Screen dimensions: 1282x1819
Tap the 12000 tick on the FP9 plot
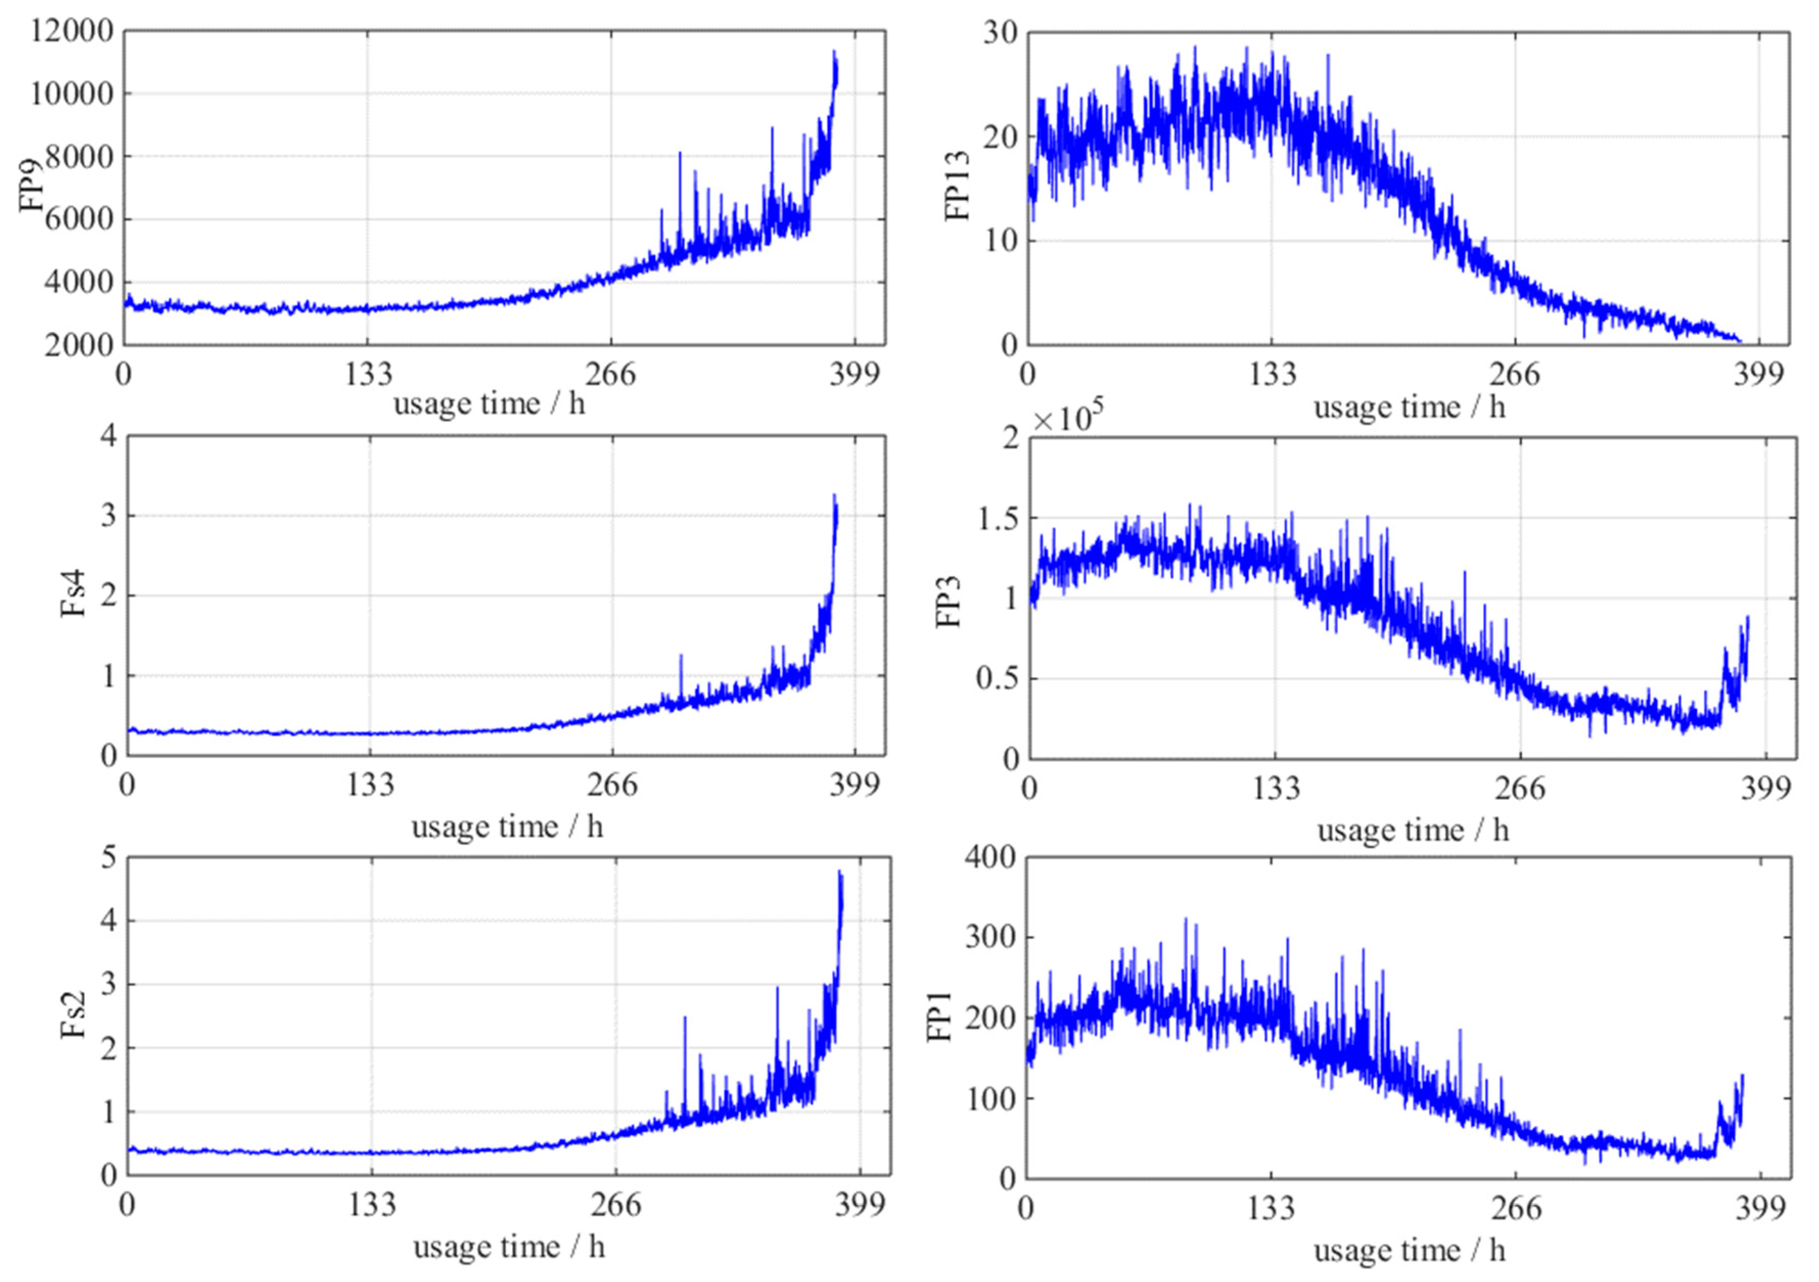pyautogui.click(x=72, y=32)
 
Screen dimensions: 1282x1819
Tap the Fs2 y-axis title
pyautogui.click(x=74, y=1017)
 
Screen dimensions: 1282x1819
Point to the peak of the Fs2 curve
pyautogui.click(x=839, y=872)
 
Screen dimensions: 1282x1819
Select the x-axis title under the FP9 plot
pyautogui.click(x=489, y=405)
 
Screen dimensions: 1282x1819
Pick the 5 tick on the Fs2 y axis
pyautogui.click(x=108, y=858)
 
